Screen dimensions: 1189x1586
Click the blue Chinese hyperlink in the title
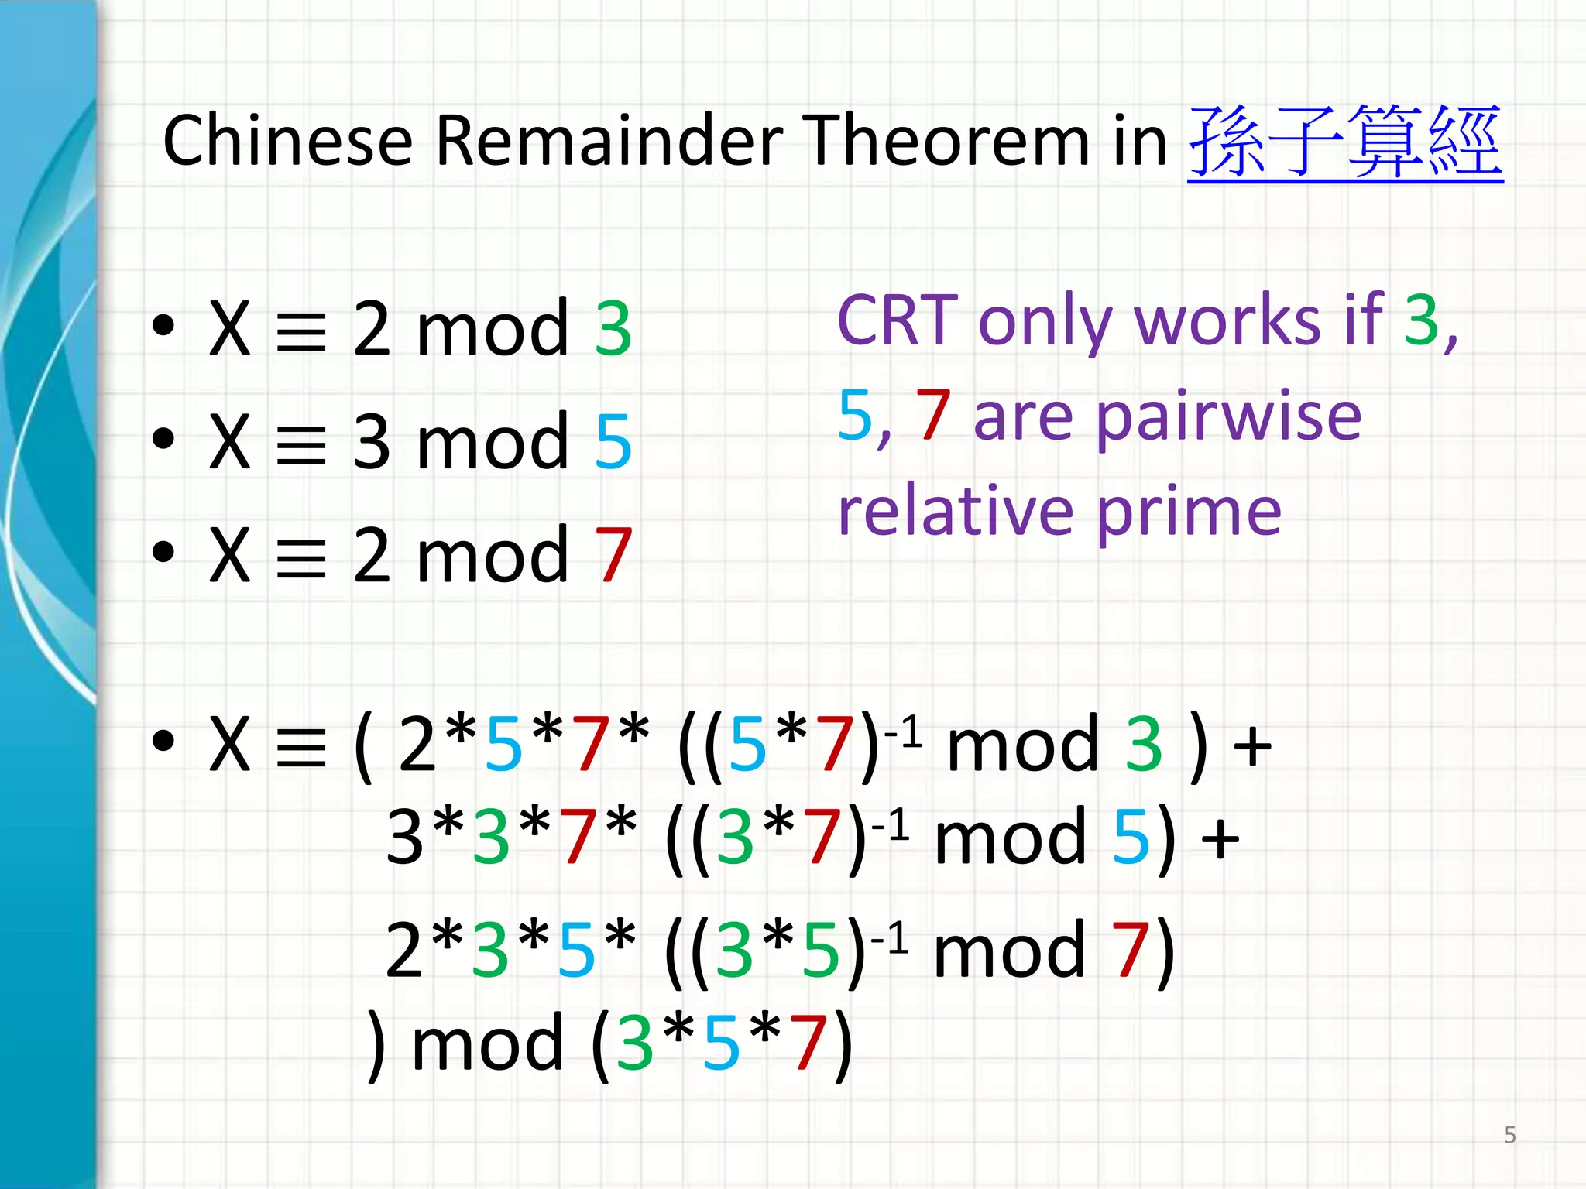pyautogui.click(x=1345, y=142)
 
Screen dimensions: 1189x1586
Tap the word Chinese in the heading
pyautogui.click(x=287, y=141)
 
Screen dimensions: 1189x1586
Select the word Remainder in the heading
pyautogui.click(x=609, y=141)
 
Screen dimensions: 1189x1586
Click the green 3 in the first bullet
pyautogui.click(x=613, y=329)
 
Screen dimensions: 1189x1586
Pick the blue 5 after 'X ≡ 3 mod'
pyautogui.click(x=613, y=442)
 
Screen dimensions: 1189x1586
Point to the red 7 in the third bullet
pyautogui.click(x=613, y=554)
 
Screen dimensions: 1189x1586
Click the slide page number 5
pyautogui.click(x=1509, y=1135)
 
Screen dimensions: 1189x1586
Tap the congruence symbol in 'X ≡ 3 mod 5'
pyautogui.click(x=301, y=444)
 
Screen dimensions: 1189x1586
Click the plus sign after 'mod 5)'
pyautogui.click(x=1220, y=838)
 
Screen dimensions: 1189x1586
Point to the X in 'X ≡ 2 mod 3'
pyautogui.click(x=230, y=329)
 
